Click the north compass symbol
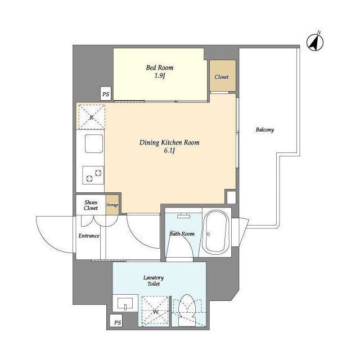(315, 42)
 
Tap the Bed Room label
(160, 67)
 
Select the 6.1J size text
(169, 151)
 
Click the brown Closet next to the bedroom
(223, 76)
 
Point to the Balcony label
(265, 130)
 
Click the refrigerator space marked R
(92, 117)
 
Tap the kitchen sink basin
(94, 144)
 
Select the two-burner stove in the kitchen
(93, 175)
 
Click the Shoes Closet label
(91, 205)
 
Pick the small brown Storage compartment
(112, 205)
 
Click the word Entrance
(89, 236)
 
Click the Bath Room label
(182, 234)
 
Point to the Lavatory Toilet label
(154, 281)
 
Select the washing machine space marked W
(155, 311)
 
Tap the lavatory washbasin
(125, 303)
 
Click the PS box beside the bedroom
(106, 93)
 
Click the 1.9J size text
(160, 76)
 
